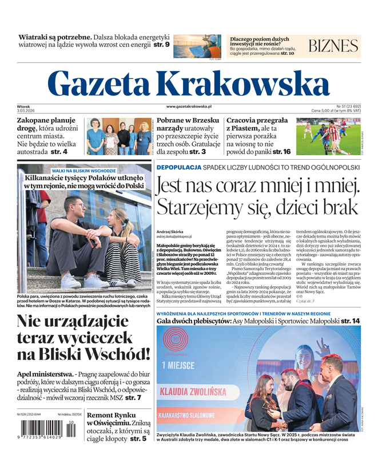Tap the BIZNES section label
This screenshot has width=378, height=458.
[x=333, y=46]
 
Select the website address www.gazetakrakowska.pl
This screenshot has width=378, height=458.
[x=189, y=106]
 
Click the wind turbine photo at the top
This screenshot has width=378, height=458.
[x=197, y=46]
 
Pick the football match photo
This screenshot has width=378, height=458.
[x=328, y=136]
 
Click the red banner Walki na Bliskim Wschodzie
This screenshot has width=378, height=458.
[x=83, y=171]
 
